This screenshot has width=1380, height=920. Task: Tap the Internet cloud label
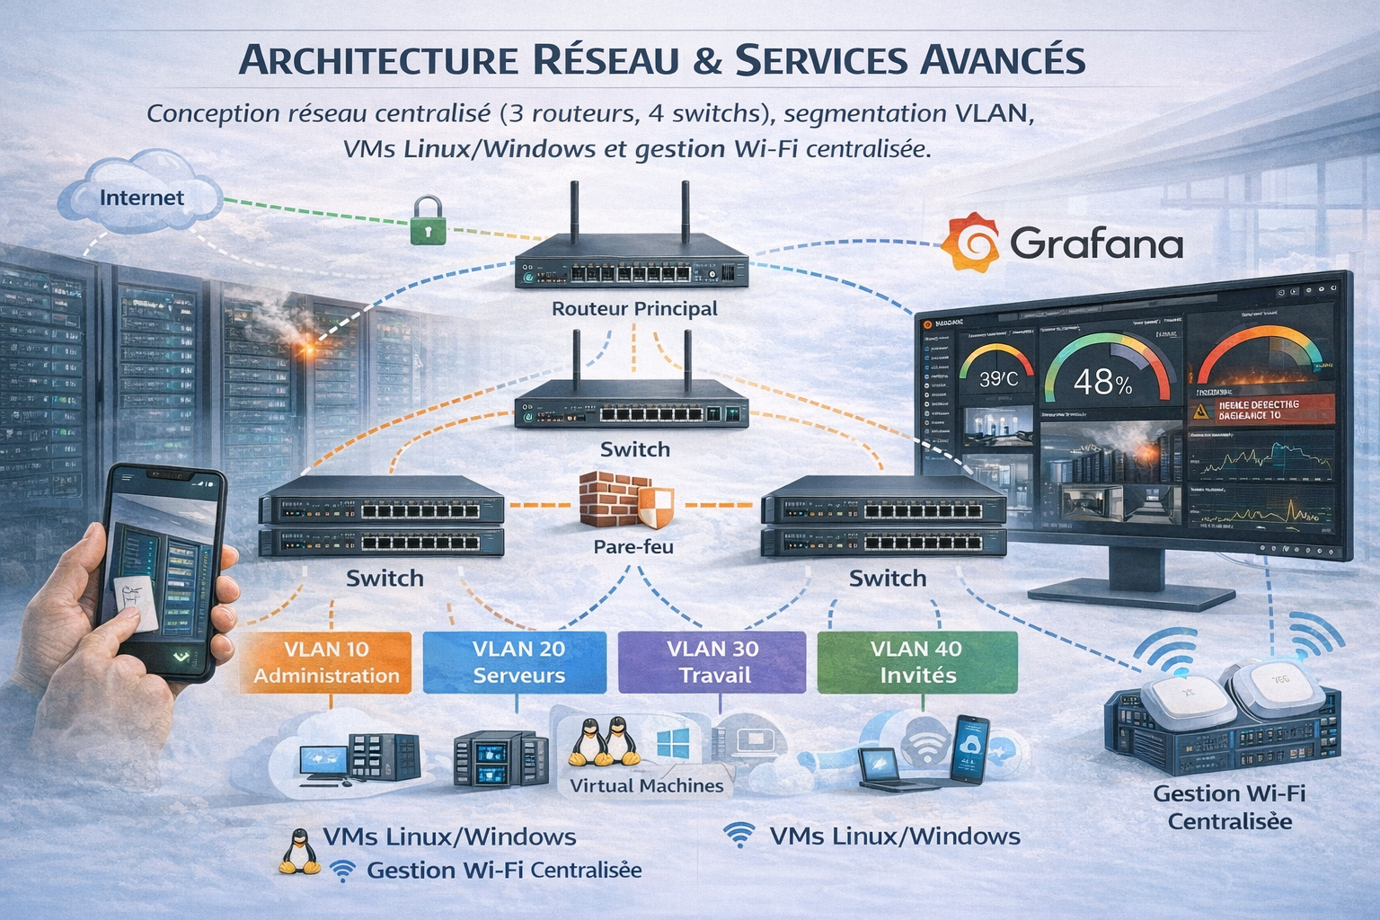coord(142,198)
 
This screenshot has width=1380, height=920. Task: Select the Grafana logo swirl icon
coord(970,243)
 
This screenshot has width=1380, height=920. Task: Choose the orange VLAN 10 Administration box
coord(327,662)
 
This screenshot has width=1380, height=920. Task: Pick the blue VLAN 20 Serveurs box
coord(518,662)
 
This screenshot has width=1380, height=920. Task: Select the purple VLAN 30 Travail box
coord(713,662)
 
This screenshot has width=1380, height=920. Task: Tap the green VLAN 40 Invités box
coord(916,662)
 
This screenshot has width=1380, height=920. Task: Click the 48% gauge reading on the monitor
coord(1102,384)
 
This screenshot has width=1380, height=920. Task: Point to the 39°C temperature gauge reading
coord(998,379)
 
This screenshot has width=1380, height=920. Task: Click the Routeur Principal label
coord(634,308)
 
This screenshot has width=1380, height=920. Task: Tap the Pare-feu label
coord(632,546)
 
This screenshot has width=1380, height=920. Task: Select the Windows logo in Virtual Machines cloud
coord(673,742)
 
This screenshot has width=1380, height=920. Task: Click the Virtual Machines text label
coord(646,785)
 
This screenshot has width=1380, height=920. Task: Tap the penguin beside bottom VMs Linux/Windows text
coord(299,852)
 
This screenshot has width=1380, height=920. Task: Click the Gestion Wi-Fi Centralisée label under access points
coord(1229,807)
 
